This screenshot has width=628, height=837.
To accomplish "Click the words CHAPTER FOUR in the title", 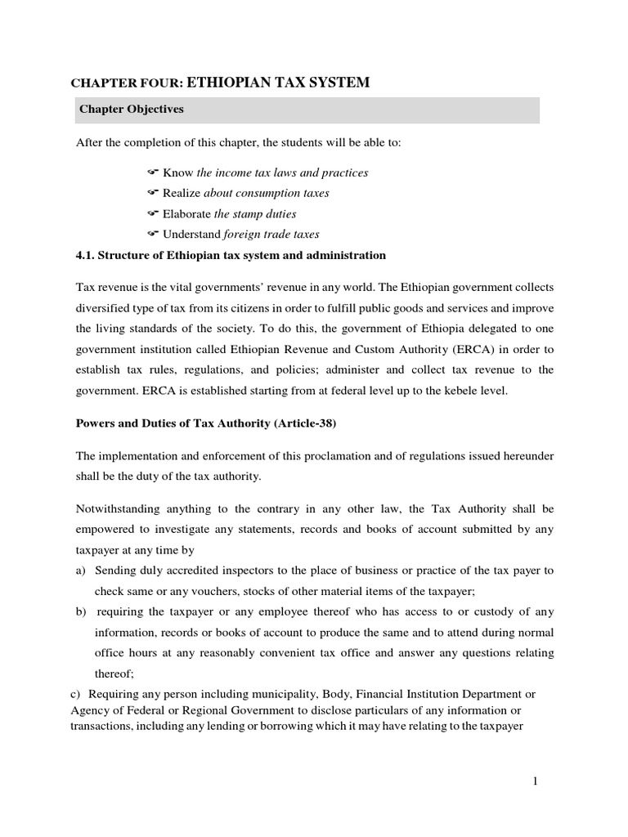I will (x=127, y=83).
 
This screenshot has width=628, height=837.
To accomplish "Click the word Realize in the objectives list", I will (x=182, y=193).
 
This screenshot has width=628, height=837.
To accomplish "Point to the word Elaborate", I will (x=186, y=214).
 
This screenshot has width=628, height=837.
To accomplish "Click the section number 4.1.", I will (x=85, y=255).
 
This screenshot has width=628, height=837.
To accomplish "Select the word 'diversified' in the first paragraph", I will (x=104, y=309).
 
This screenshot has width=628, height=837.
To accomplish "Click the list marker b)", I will (x=81, y=611).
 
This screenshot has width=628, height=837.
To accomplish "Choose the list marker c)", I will (x=73, y=694).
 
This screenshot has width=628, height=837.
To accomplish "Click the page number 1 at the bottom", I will (x=535, y=781).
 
